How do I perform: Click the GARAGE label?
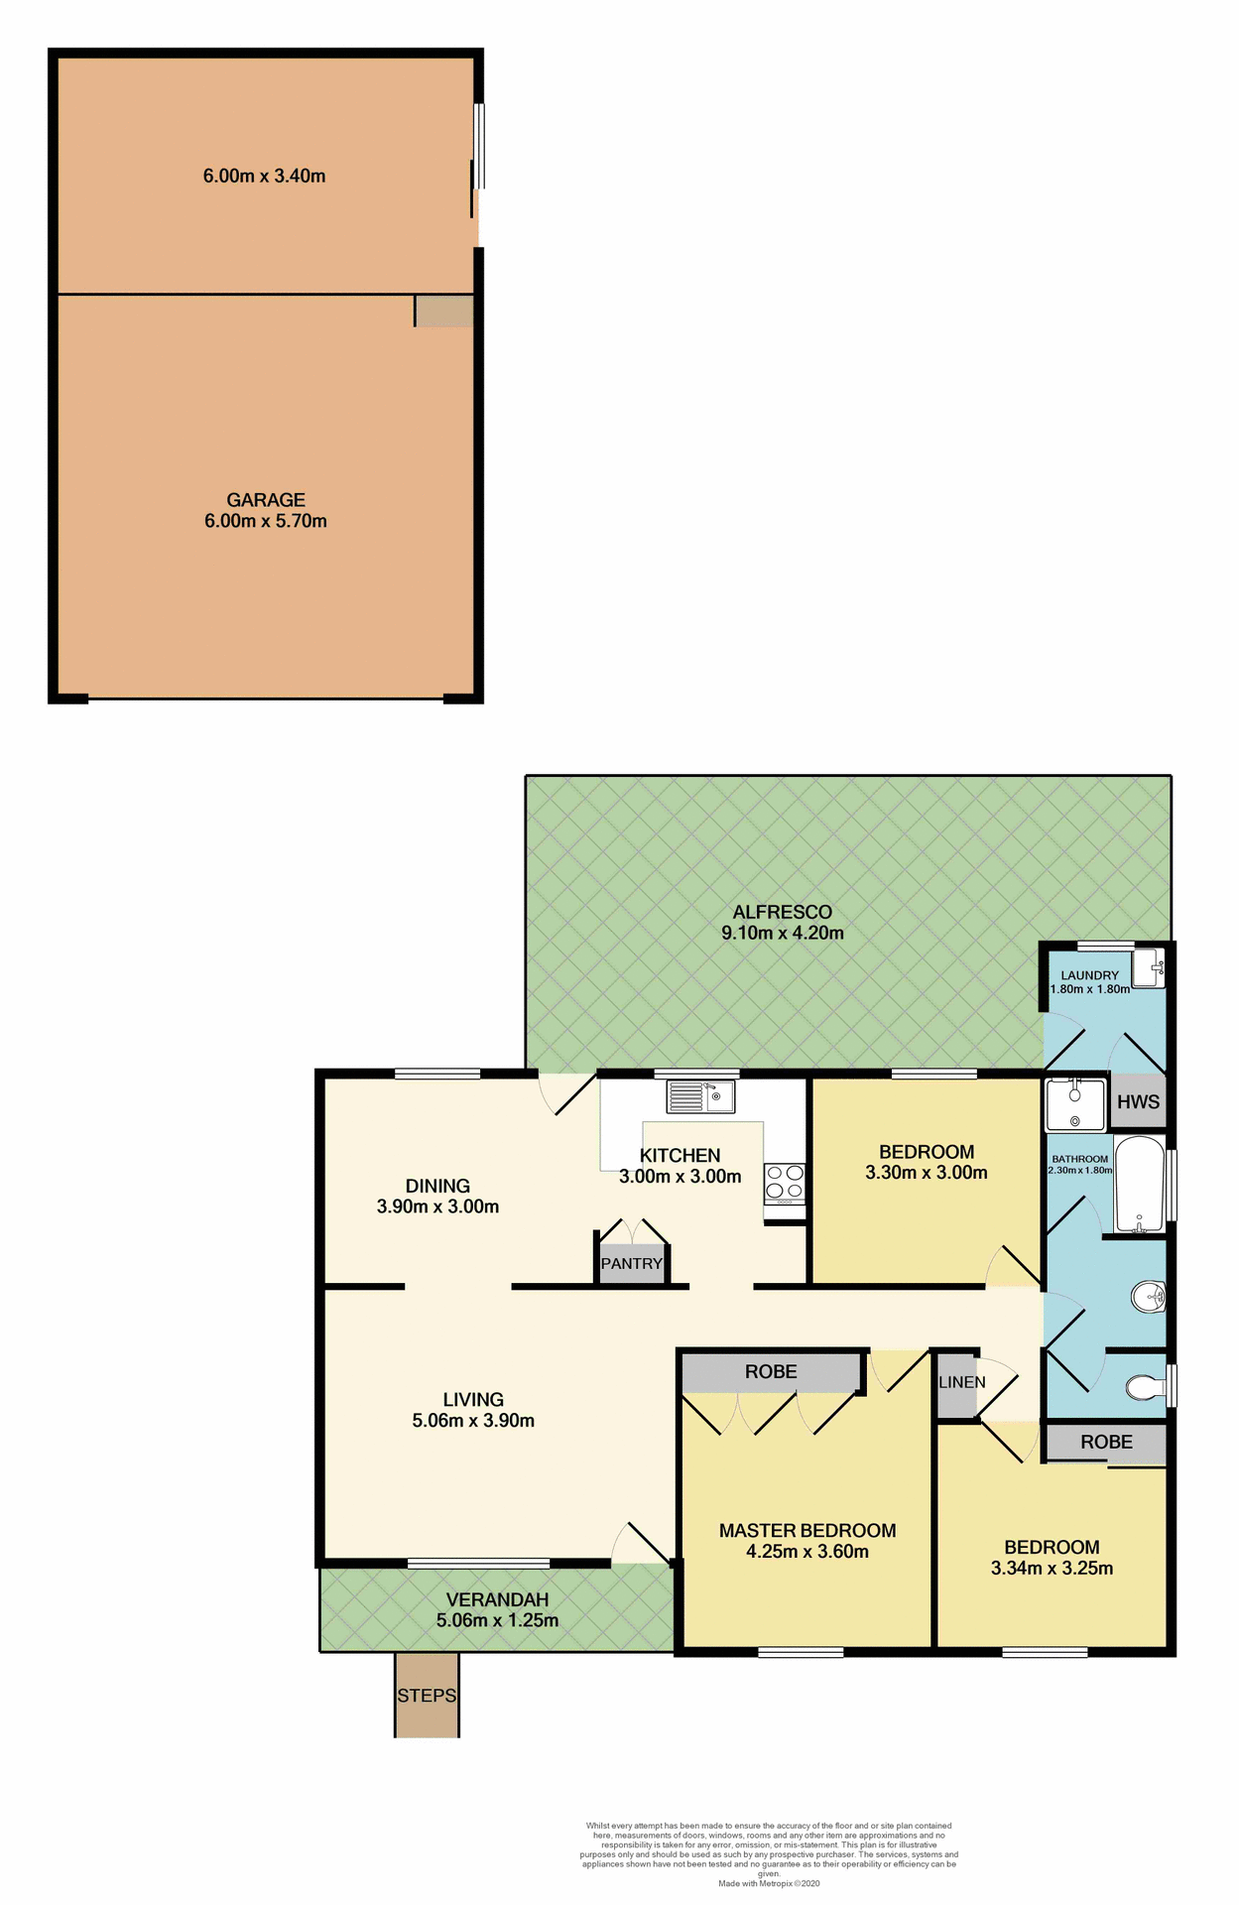click(265, 499)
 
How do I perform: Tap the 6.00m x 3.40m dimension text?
click(264, 177)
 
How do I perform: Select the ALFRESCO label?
click(782, 912)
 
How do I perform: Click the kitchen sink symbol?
click(700, 1096)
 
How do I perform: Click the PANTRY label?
click(631, 1264)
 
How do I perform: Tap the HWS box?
click(1138, 1101)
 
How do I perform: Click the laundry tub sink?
click(1148, 966)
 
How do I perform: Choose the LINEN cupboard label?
click(961, 1382)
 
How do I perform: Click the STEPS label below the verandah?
click(427, 1696)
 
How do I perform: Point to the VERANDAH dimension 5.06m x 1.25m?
click(497, 1620)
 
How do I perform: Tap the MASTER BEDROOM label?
click(806, 1530)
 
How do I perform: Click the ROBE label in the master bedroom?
click(771, 1371)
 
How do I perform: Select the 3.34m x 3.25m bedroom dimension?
click(1052, 1569)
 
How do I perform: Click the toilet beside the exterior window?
click(1147, 1386)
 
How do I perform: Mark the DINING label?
click(437, 1186)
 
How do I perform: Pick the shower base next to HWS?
click(1075, 1105)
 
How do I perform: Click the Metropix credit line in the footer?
click(769, 1883)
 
